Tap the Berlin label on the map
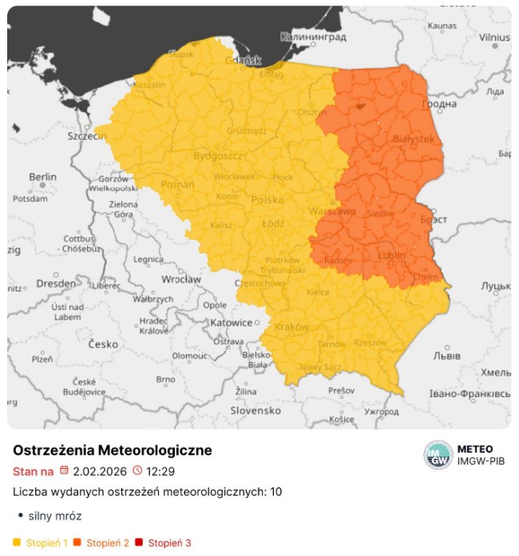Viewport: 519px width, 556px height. [x=42, y=177]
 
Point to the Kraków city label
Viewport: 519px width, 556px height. [x=291, y=327]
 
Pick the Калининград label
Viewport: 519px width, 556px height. [x=312, y=37]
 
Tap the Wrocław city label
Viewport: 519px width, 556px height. [x=180, y=280]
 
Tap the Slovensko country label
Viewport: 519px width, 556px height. [x=256, y=410]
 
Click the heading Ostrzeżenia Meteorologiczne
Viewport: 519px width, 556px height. [x=113, y=451]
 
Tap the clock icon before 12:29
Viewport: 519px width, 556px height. [x=137, y=471]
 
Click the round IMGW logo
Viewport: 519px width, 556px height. [x=438, y=455]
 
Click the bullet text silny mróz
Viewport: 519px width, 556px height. [x=55, y=516]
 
